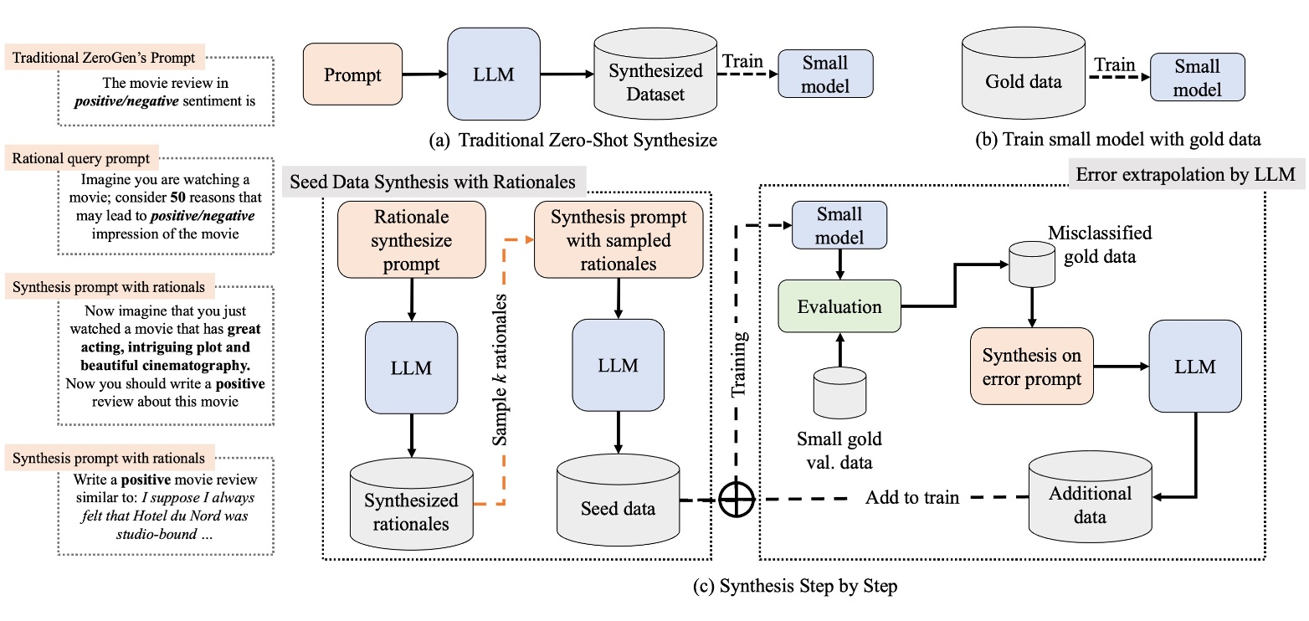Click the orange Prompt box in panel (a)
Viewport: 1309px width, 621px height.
352,75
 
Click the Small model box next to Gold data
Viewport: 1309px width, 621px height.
1198,77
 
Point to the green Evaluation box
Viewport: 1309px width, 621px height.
839,307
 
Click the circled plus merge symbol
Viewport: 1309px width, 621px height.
737,500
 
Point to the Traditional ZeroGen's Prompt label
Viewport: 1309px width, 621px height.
105,59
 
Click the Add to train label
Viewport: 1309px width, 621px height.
911,497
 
